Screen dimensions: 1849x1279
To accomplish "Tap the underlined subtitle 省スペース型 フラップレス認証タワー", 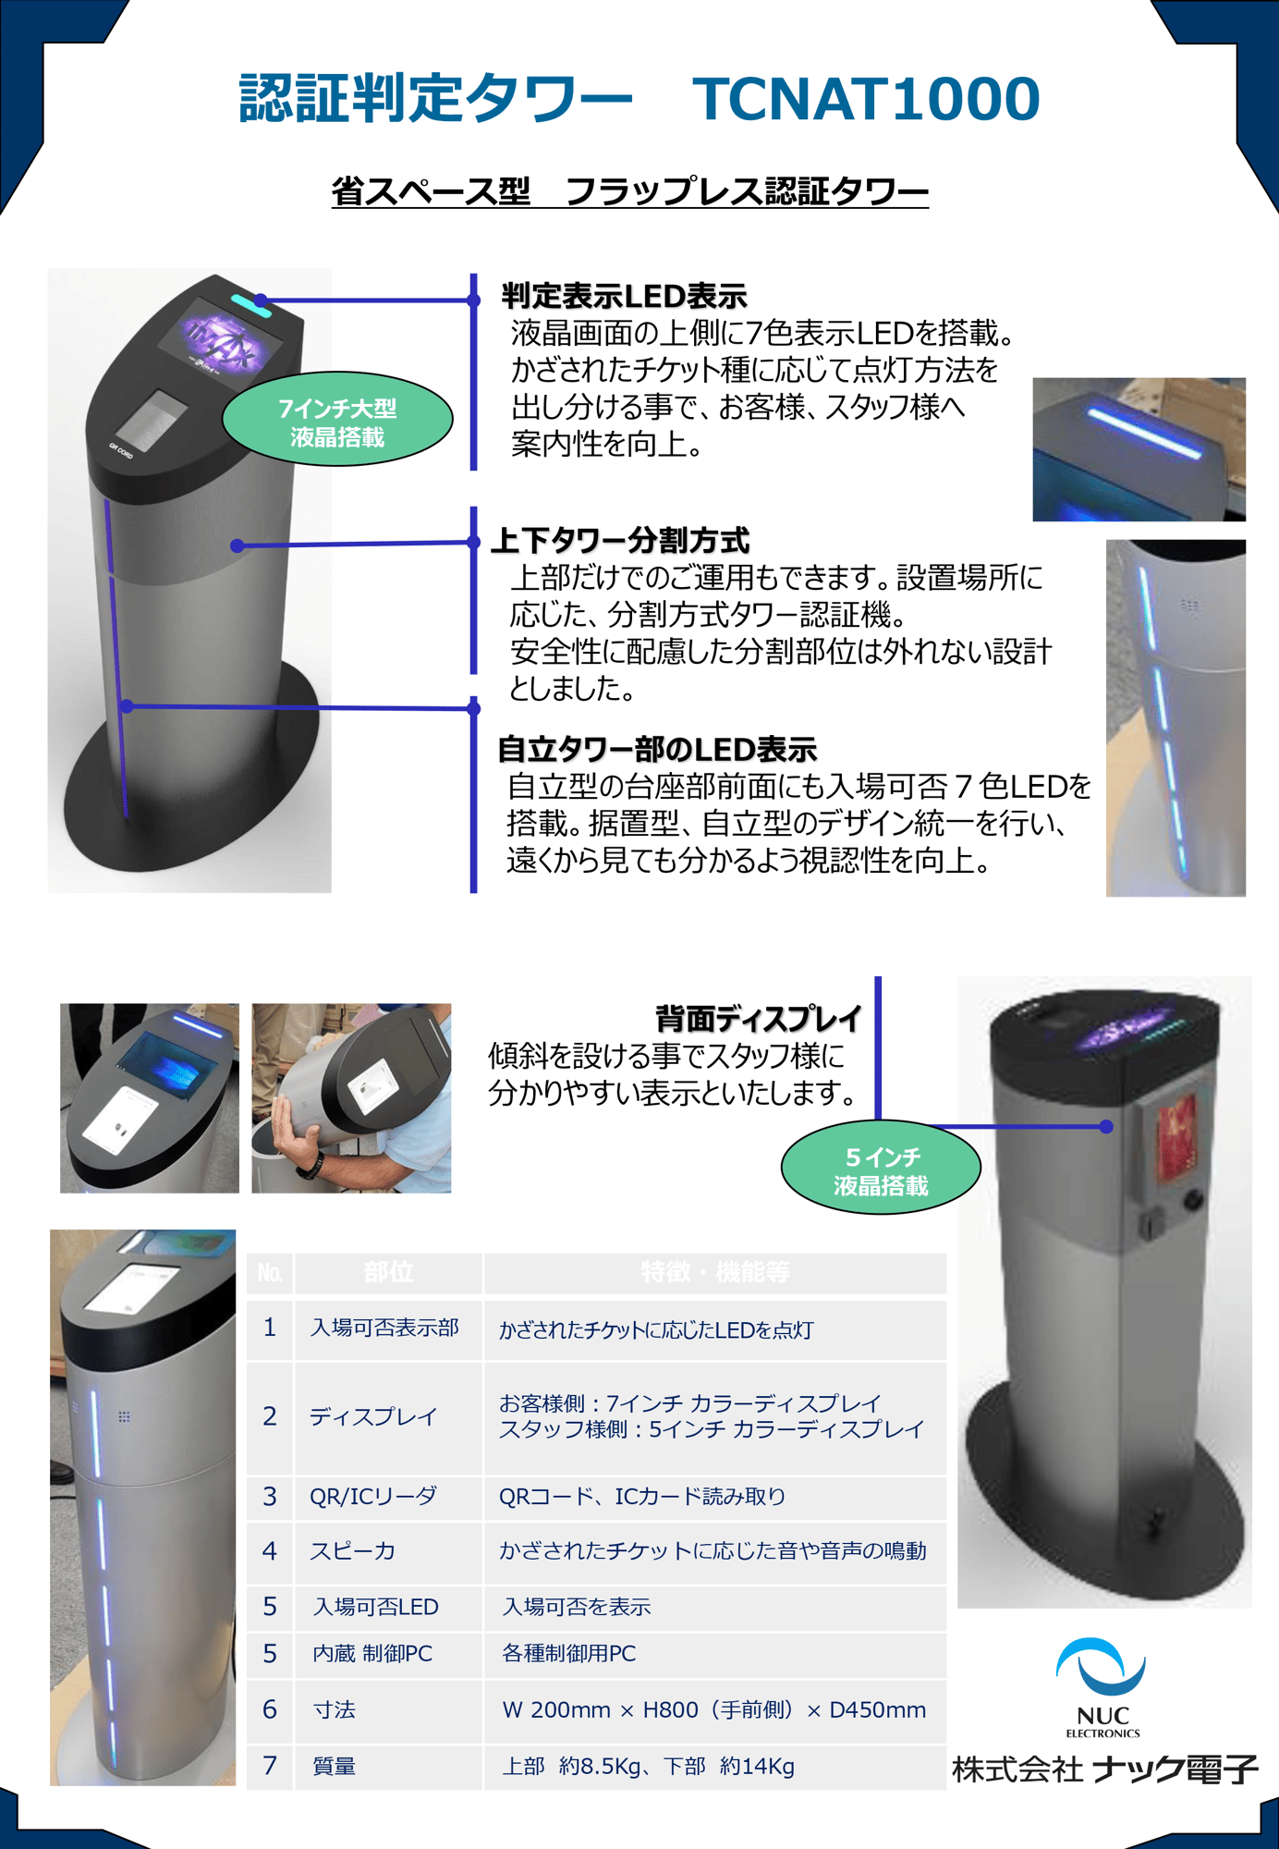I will coord(630,191).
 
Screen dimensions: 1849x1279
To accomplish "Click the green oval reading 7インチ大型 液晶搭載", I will coord(337,421).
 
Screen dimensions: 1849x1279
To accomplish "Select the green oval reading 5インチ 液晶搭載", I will coord(881,1169).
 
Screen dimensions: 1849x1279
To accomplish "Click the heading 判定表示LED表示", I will coord(624,297).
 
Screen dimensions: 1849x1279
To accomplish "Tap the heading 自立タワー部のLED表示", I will coord(657,749).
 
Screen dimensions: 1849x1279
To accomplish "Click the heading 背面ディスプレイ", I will coord(758,1019).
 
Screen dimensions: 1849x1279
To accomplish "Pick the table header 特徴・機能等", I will coord(714,1273).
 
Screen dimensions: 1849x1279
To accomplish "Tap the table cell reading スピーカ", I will coord(352,1551).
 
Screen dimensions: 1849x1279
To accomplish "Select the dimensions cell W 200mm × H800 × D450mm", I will coord(713,1710).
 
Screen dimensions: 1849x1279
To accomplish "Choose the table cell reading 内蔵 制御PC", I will coord(372,1654).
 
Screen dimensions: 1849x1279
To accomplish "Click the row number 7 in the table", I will coord(269,1766).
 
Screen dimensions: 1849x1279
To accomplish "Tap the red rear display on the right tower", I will coord(1175,1137).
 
